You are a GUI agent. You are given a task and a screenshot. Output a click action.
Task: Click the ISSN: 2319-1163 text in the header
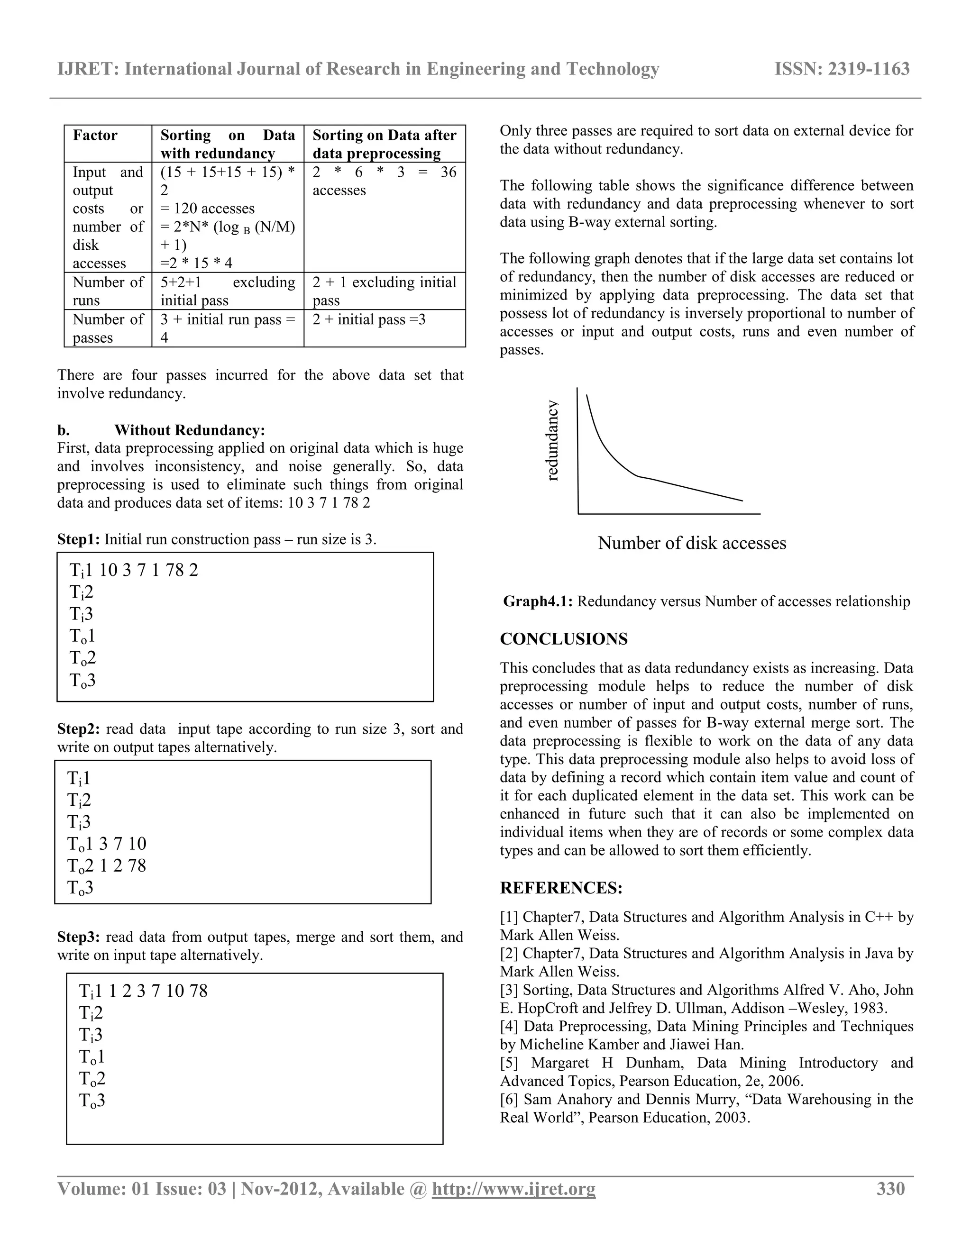pos(842,69)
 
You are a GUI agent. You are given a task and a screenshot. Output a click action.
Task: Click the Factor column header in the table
pos(95,135)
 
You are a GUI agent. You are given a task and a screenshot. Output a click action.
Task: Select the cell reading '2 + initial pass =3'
pos(369,319)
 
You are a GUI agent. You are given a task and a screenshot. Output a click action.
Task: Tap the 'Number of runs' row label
pos(108,291)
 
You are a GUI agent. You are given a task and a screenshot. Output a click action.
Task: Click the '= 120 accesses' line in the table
pos(207,209)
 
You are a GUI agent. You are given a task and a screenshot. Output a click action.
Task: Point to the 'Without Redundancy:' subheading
pos(189,430)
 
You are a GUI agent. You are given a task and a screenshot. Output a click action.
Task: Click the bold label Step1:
pos(78,539)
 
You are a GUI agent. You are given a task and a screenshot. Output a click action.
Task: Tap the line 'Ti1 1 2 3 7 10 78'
pos(143,991)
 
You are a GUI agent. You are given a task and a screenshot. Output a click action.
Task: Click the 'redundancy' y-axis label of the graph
pos(552,440)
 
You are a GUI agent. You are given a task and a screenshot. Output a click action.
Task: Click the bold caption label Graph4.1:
pos(537,601)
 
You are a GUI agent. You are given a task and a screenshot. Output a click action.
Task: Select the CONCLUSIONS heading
pos(563,639)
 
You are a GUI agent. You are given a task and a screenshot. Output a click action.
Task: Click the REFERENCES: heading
pos(561,888)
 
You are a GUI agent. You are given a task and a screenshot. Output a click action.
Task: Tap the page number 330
pos(890,1189)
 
